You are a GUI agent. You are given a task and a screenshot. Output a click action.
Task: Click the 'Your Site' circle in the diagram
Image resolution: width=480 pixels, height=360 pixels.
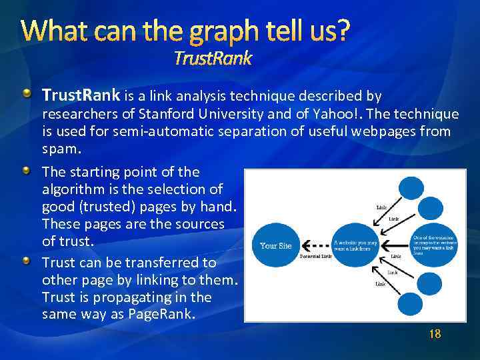click(x=275, y=245)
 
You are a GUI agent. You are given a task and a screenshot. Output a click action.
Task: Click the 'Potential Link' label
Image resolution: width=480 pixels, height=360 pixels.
click(x=316, y=257)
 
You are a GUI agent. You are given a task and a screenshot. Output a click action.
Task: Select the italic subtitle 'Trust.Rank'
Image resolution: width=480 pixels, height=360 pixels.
click(x=213, y=59)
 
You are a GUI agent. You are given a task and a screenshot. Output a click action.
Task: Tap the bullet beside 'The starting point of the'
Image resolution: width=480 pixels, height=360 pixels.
click(x=25, y=171)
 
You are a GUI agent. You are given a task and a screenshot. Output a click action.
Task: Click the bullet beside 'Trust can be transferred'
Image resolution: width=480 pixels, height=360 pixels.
click(x=25, y=261)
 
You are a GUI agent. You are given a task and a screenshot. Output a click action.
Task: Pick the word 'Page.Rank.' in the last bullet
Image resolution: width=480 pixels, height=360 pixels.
click(x=162, y=314)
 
